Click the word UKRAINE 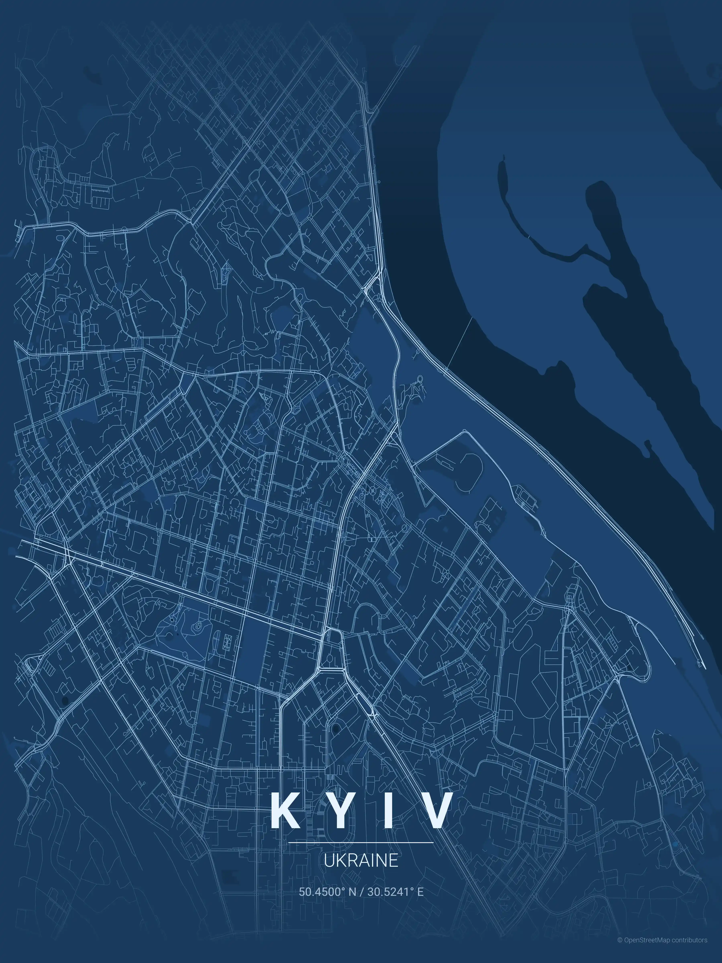[x=361, y=860]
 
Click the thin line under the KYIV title [x=361, y=842]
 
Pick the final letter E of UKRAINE [x=393, y=860]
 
